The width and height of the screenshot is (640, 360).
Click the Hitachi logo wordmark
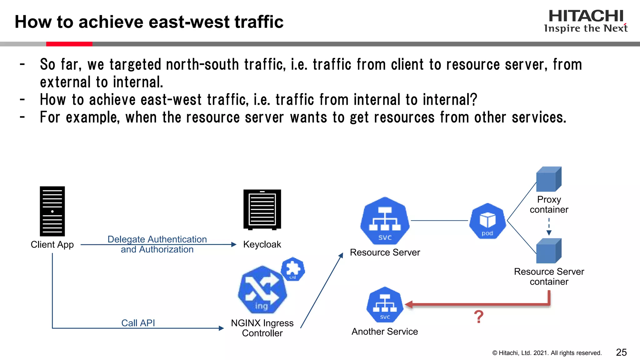(586, 16)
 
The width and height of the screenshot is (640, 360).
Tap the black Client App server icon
(52, 211)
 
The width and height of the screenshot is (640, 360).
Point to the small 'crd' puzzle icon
(293, 269)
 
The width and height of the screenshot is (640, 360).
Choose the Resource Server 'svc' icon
(385, 221)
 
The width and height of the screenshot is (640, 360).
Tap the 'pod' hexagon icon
(487, 221)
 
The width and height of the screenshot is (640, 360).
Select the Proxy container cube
(549, 179)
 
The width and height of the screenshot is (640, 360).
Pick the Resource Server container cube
(549, 251)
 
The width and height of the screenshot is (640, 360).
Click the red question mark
(478, 317)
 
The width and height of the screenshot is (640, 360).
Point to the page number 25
(621, 352)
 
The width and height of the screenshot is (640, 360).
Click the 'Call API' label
(138, 323)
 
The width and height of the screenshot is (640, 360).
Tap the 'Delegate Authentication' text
(157, 239)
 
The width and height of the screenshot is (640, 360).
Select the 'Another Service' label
(385, 331)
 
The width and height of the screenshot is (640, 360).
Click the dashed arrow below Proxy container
(549, 227)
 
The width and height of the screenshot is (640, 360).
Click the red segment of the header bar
(69, 44)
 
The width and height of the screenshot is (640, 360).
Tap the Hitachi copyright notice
(547, 353)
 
